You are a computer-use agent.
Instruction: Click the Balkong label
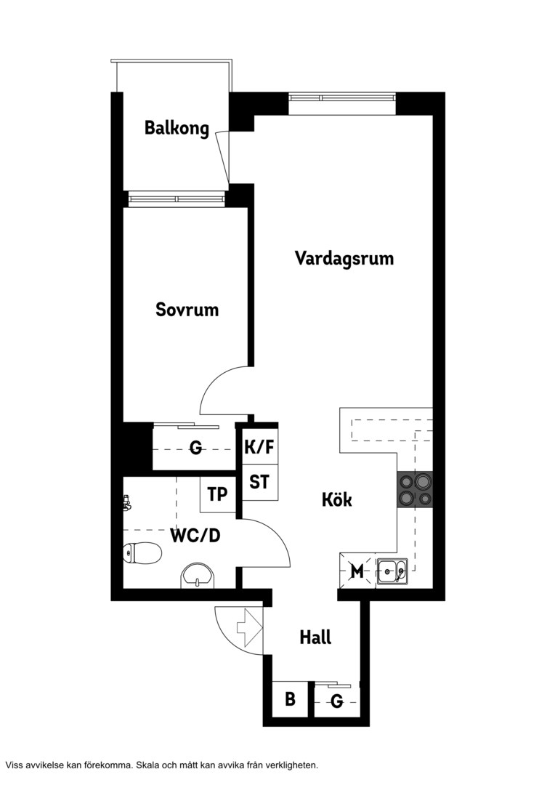click(177, 128)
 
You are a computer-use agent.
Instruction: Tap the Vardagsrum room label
click(344, 258)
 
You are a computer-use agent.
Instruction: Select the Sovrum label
click(187, 310)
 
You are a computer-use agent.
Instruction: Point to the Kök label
click(337, 499)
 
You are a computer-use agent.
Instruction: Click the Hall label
click(316, 637)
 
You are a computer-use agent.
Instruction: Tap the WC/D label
click(195, 536)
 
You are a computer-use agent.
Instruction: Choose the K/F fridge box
click(260, 446)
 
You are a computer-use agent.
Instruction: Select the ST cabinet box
click(260, 482)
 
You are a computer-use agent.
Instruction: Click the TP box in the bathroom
click(218, 495)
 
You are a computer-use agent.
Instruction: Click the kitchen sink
click(392, 571)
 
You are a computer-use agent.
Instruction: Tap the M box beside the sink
click(357, 571)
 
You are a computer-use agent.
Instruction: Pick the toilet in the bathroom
click(142, 554)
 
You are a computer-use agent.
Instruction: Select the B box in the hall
click(291, 699)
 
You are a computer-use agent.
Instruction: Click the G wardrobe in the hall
click(337, 700)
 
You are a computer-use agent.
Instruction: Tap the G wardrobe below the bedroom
click(195, 446)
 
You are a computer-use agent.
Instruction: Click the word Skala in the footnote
click(147, 765)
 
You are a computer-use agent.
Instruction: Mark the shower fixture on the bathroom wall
click(127, 503)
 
